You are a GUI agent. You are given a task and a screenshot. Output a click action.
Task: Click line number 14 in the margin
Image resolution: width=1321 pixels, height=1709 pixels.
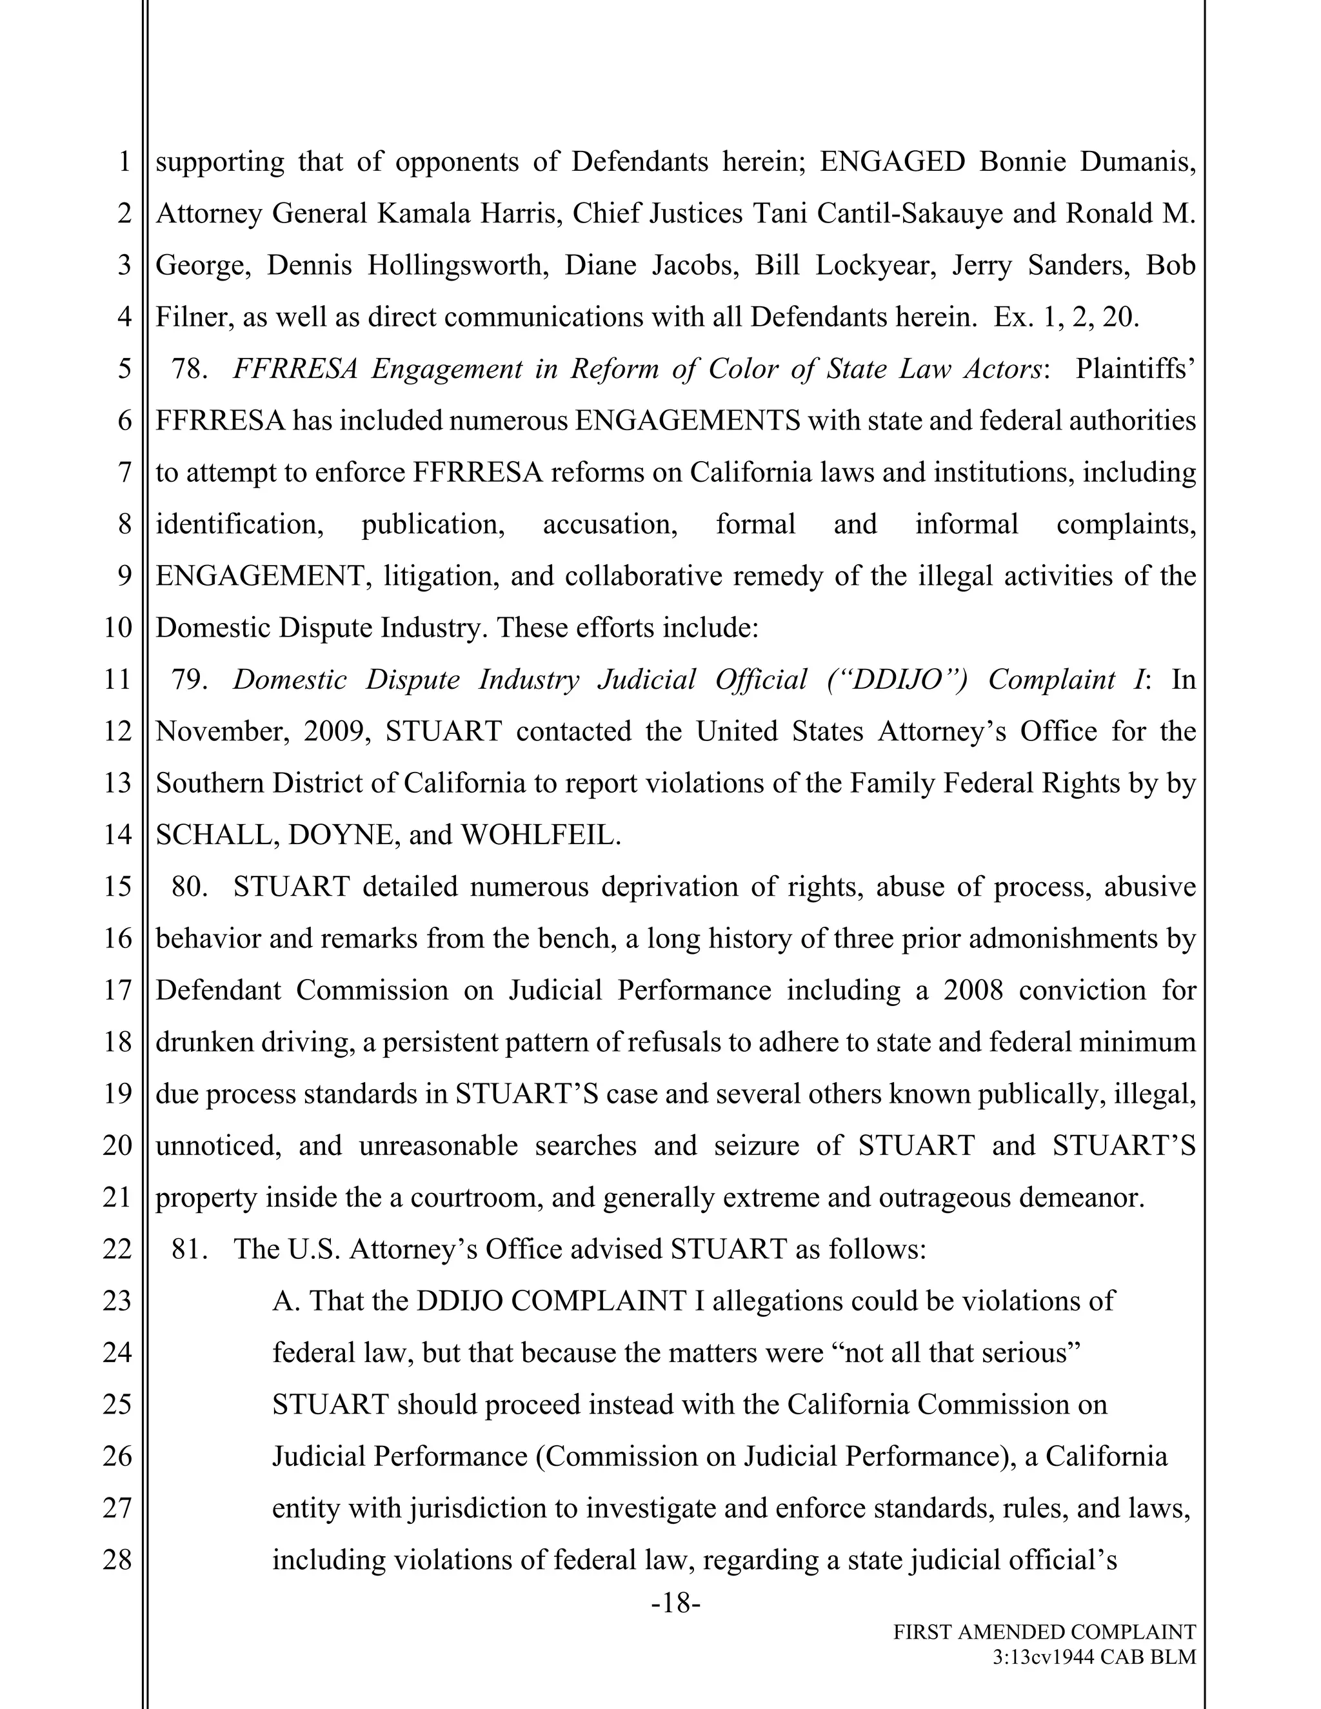[x=117, y=835]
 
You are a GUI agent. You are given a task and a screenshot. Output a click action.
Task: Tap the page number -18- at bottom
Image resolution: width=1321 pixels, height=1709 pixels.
[x=675, y=1603]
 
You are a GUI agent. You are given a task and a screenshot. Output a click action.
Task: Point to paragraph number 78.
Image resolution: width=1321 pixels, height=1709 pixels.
[x=188, y=368]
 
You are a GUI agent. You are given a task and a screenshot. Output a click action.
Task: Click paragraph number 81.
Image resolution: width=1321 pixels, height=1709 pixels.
[x=188, y=1249]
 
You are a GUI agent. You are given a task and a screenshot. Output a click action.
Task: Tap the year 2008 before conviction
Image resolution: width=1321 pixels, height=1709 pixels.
[x=973, y=990]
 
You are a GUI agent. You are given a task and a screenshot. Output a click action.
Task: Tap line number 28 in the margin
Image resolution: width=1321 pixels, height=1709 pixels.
[x=117, y=1559]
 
